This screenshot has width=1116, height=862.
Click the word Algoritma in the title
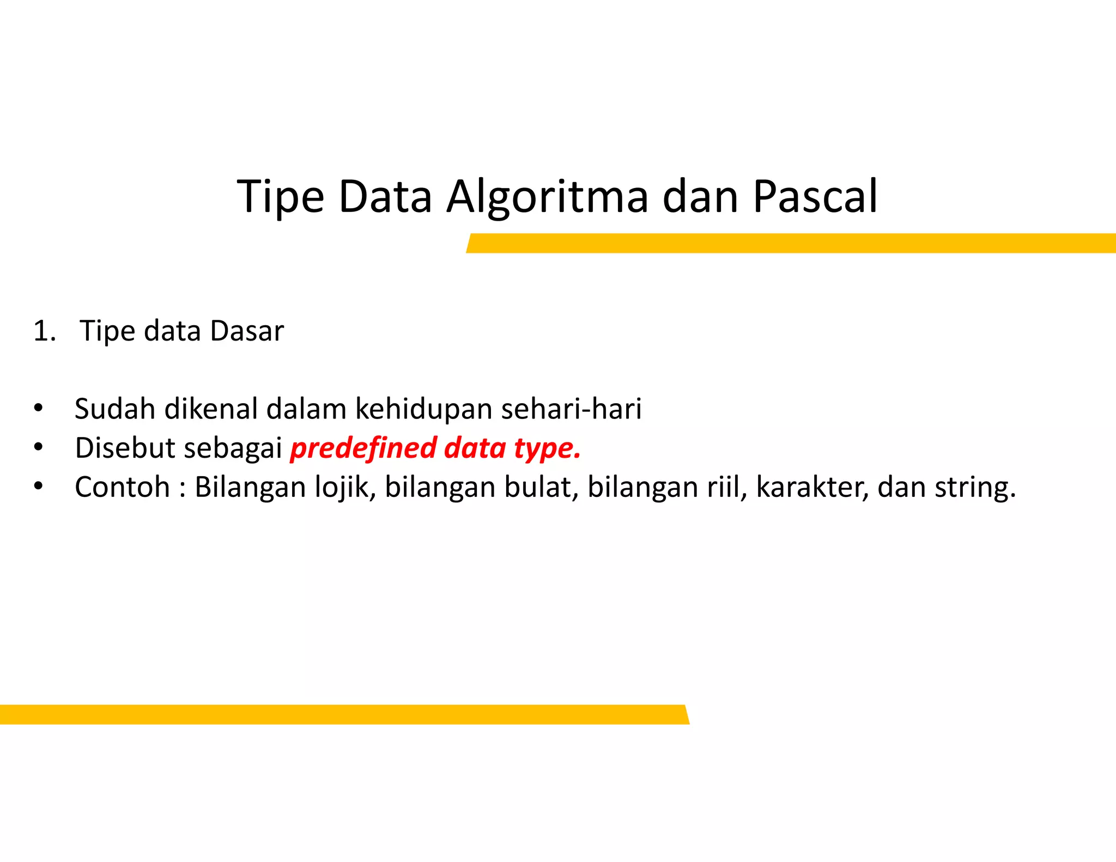[547, 197]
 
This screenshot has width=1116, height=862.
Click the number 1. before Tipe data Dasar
[44, 331]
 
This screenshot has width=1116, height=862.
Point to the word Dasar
[247, 331]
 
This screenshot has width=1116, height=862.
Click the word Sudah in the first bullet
[115, 409]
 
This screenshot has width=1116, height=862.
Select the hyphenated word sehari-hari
[571, 409]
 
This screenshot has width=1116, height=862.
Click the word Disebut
[125, 448]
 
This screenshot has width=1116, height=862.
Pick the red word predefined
[363, 448]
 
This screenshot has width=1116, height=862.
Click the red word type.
[547, 449]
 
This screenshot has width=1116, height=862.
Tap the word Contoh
[122, 487]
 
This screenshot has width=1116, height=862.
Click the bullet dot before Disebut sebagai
[38, 447]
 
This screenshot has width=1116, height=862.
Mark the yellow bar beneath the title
[790, 243]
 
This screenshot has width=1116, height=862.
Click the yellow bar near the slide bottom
[343, 714]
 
